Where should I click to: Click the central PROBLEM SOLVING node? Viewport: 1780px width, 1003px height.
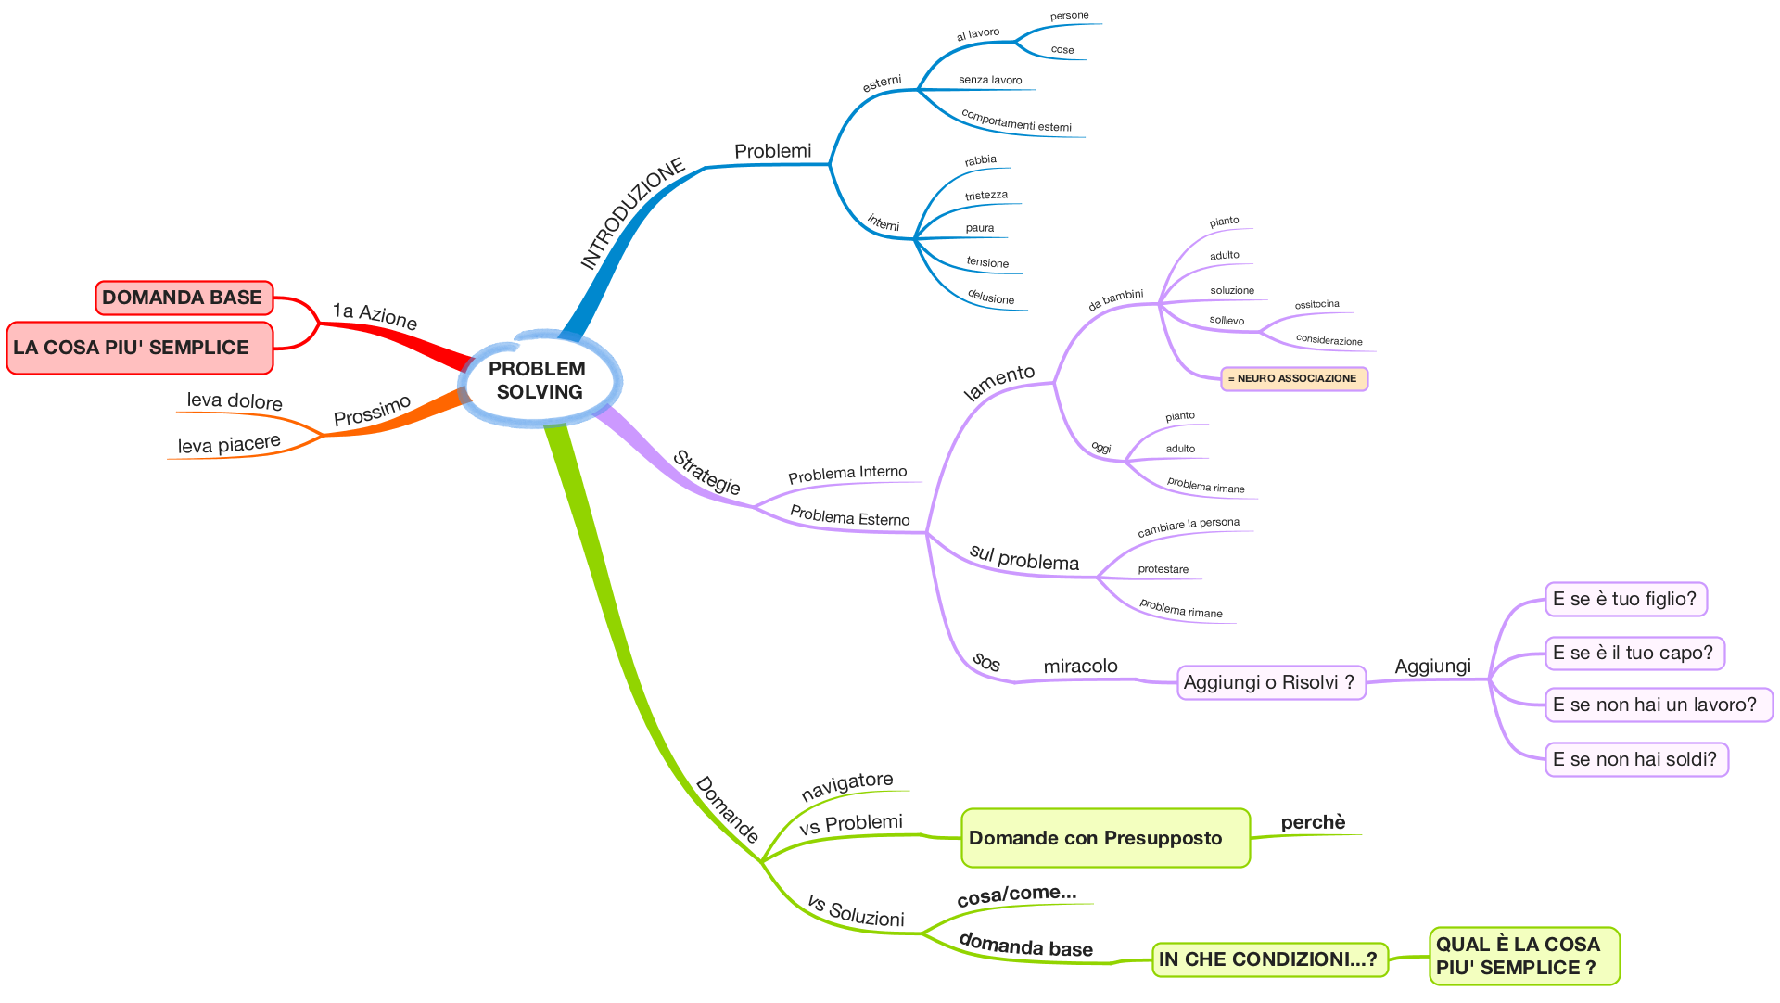(540, 379)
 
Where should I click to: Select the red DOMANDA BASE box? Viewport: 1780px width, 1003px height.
(184, 298)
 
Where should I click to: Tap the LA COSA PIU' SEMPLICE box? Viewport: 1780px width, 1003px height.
(140, 348)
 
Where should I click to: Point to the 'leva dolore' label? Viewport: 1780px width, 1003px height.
(235, 401)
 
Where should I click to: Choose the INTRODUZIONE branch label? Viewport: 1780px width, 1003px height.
(632, 213)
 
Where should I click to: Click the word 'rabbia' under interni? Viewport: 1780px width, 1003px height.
(980, 160)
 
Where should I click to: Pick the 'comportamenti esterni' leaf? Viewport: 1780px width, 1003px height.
(1016, 121)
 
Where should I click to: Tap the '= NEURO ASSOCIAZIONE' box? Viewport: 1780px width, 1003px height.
(1294, 378)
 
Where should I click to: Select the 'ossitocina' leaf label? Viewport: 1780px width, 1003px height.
(1316, 304)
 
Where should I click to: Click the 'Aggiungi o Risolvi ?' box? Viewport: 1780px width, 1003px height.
(1271, 682)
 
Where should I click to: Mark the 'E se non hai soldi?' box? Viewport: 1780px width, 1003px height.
(1636, 759)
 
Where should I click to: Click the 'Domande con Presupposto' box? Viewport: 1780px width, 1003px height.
(1106, 838)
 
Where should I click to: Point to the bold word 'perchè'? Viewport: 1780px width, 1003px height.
(1313, 822)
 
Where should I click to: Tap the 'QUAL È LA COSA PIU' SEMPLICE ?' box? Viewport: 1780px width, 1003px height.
(1524, 956)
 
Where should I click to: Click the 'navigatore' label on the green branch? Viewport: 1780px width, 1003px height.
(847, 785)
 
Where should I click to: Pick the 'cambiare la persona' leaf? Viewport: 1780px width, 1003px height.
(1189, 527)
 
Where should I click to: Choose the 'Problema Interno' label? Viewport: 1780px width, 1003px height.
(847, 474)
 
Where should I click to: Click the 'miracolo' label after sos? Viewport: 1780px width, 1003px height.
(1081, 666)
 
